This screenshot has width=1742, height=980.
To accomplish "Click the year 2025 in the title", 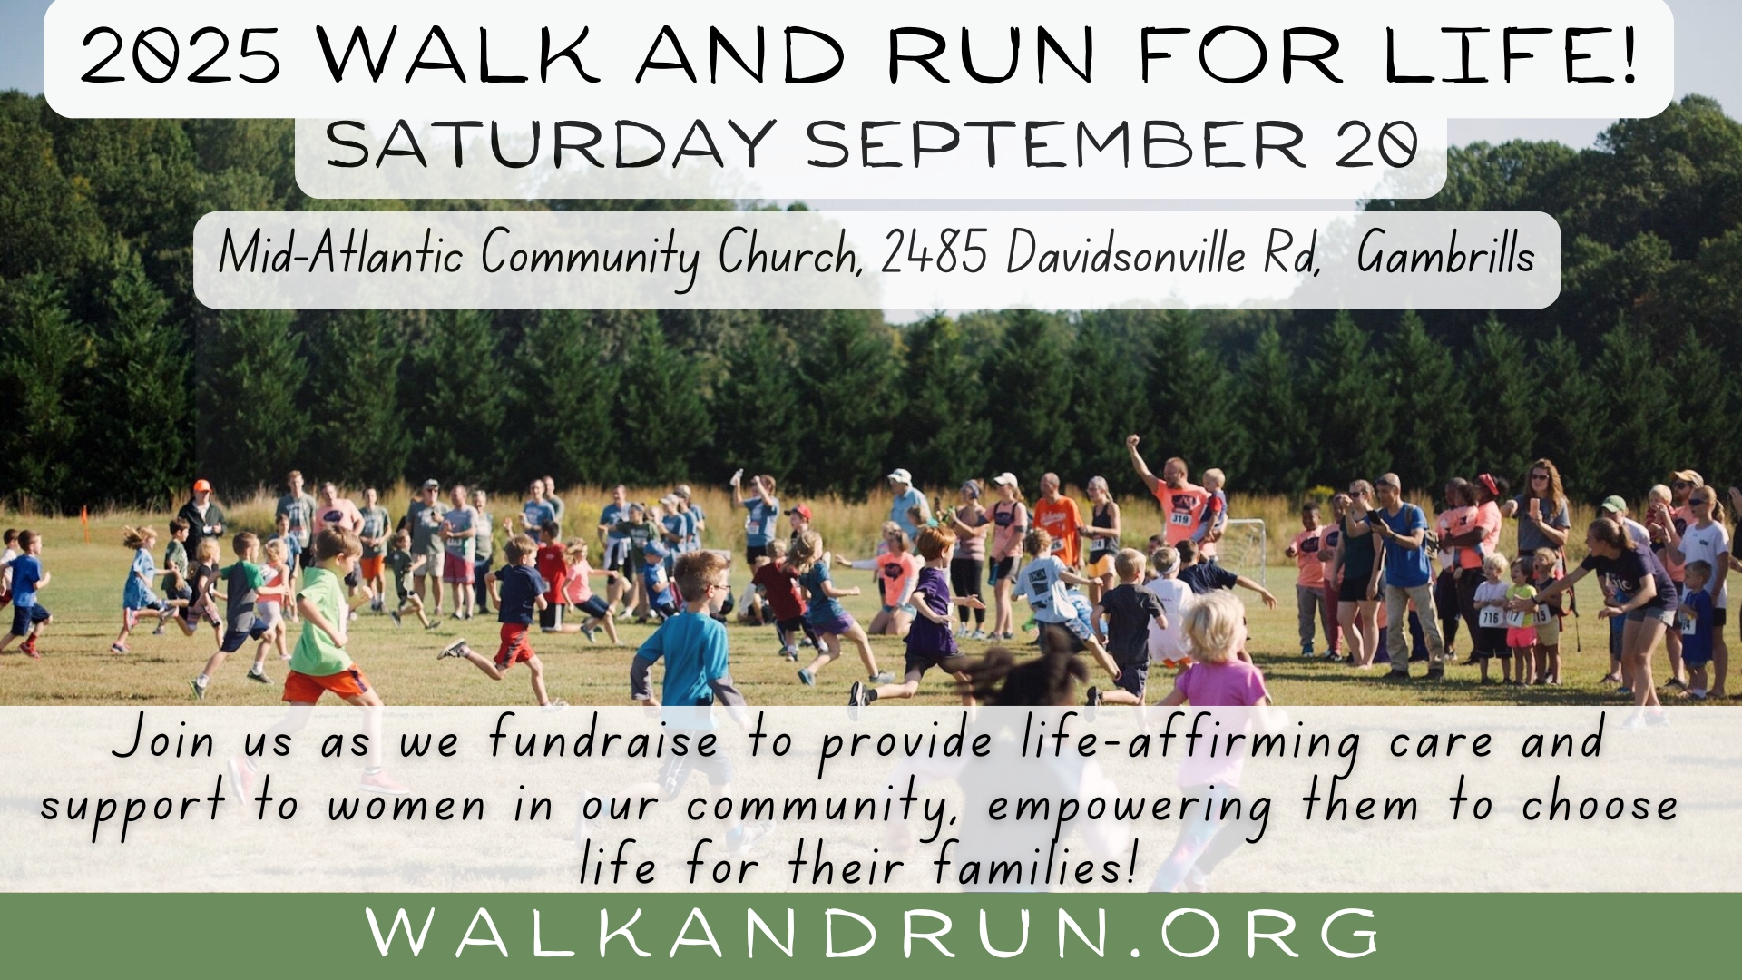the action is click(x=180, y=55).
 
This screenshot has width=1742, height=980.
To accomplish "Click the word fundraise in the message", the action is click(x=602, y=740).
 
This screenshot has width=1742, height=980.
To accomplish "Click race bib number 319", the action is click(x=1179, y=518).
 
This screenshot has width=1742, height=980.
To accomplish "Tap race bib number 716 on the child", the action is click(x=1490, y=618).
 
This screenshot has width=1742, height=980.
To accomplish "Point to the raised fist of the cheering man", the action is click(x=1131, y=441).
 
